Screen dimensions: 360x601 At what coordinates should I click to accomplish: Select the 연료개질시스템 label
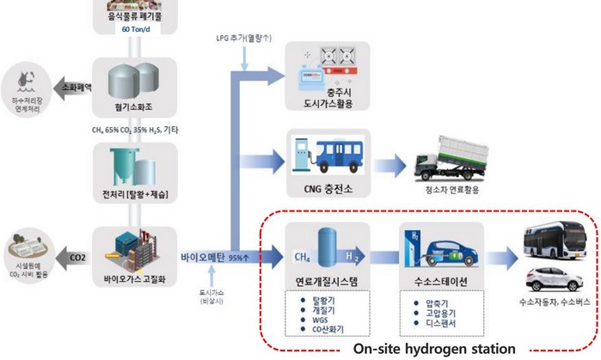point(326,280)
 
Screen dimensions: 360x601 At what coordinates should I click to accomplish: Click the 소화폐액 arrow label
point(76,87)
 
